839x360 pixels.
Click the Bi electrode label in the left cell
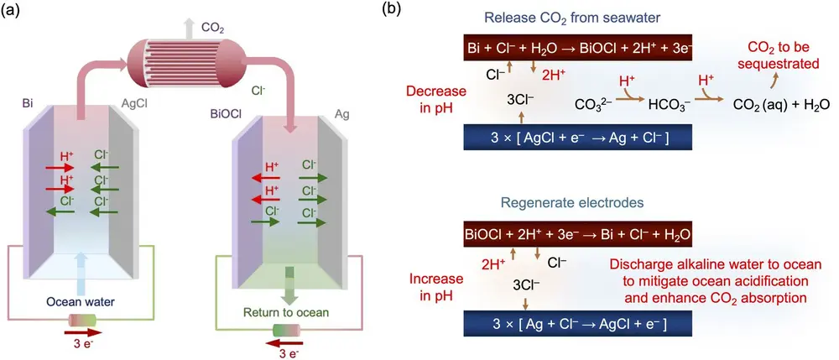coord(28,105)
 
